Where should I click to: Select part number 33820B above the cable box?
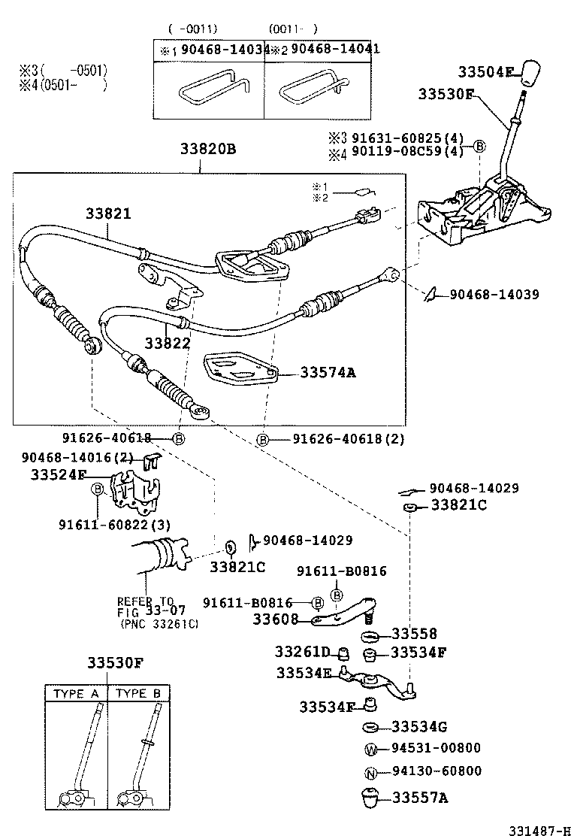207,149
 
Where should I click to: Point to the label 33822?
168,342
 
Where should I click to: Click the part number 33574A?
328,371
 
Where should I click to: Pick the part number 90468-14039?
494,295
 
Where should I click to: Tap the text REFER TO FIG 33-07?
145,607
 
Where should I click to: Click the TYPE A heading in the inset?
75,694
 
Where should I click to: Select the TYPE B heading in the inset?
139,694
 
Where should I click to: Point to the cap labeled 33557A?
370,797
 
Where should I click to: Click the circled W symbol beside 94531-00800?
370,749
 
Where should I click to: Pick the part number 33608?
275,619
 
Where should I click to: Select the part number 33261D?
301,651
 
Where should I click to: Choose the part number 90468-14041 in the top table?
335,49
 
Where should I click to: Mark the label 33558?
414,634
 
